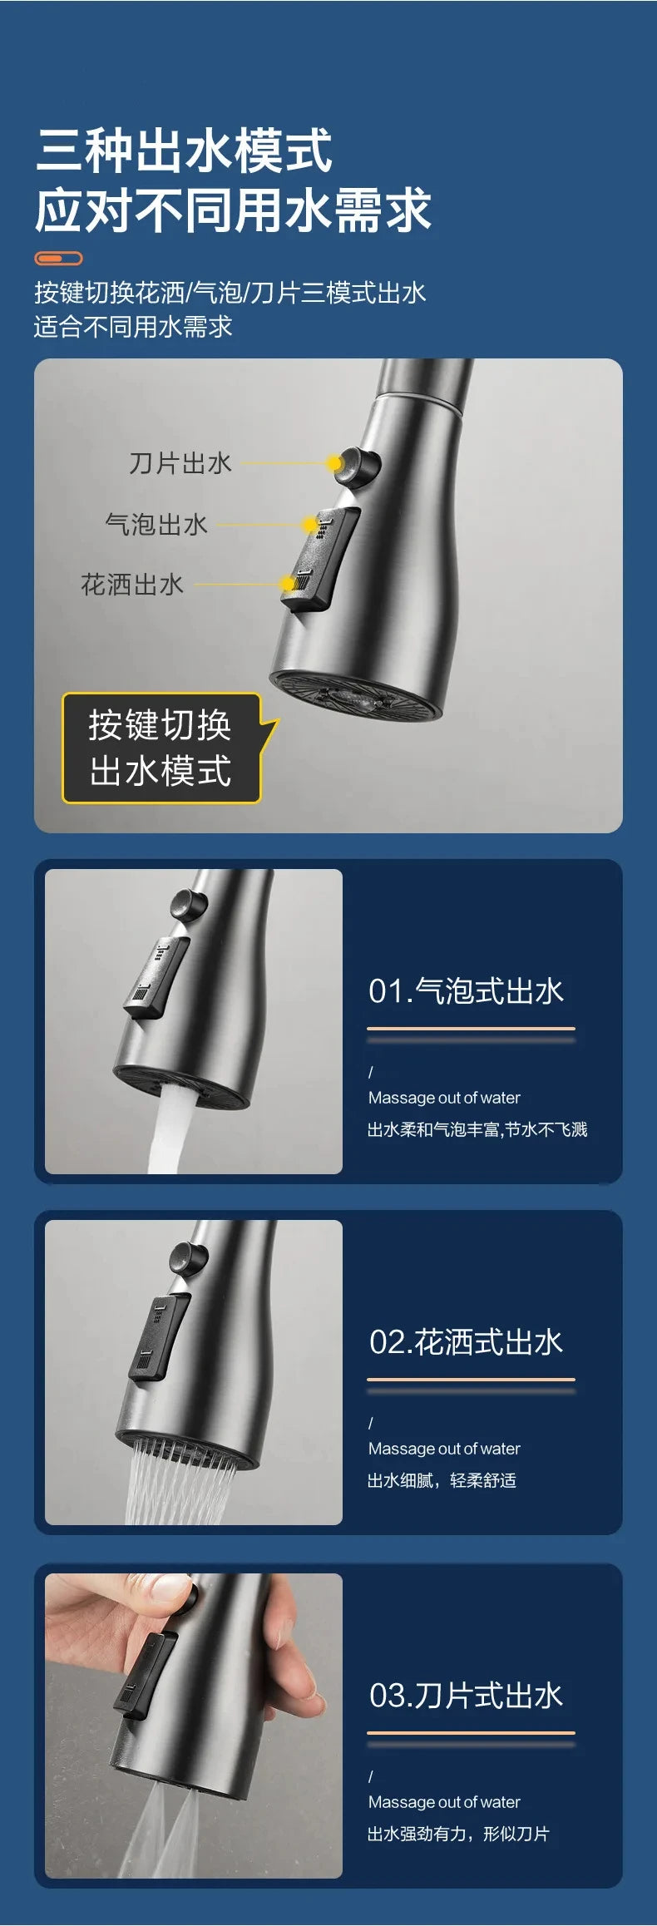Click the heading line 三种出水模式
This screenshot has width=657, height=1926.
pos(184,151)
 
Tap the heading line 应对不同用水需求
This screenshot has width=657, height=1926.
pos(233,210)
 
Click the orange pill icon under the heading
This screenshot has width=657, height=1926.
pos(58,258)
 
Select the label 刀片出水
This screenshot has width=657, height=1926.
pos(180,463)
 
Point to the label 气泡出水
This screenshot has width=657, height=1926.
pos(156,524)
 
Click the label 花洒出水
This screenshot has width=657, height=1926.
pos(132,585)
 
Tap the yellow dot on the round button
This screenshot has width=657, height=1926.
pos(334,463)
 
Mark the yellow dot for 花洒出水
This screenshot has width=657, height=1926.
pos(288,584)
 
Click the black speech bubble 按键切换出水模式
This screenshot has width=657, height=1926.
pos(161,748)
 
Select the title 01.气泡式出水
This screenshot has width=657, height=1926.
pos(466,991)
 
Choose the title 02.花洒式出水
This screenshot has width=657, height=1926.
pos(466,1342)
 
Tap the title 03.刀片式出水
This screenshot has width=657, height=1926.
pos(466,1696)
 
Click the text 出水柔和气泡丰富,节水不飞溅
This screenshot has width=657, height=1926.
pos(477,1129)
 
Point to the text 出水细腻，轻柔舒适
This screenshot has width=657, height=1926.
pos(442,1480)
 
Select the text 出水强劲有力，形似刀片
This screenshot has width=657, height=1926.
pos(458,1834)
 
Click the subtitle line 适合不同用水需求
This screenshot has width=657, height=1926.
pos(133,327)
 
